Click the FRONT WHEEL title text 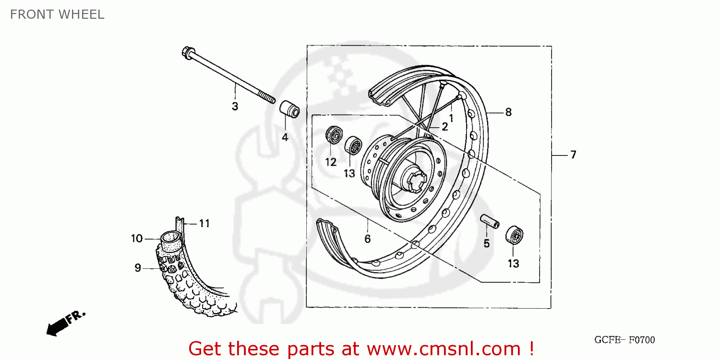57,14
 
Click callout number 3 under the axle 235,107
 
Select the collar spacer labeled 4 289,109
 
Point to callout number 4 285,137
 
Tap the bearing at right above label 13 514,235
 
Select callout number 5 486,244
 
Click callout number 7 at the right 573,155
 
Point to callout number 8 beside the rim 508,112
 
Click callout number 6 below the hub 367,239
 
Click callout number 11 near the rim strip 204,223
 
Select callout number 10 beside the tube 137,239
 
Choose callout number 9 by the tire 137,268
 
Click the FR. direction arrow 65,323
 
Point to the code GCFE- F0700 624,340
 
